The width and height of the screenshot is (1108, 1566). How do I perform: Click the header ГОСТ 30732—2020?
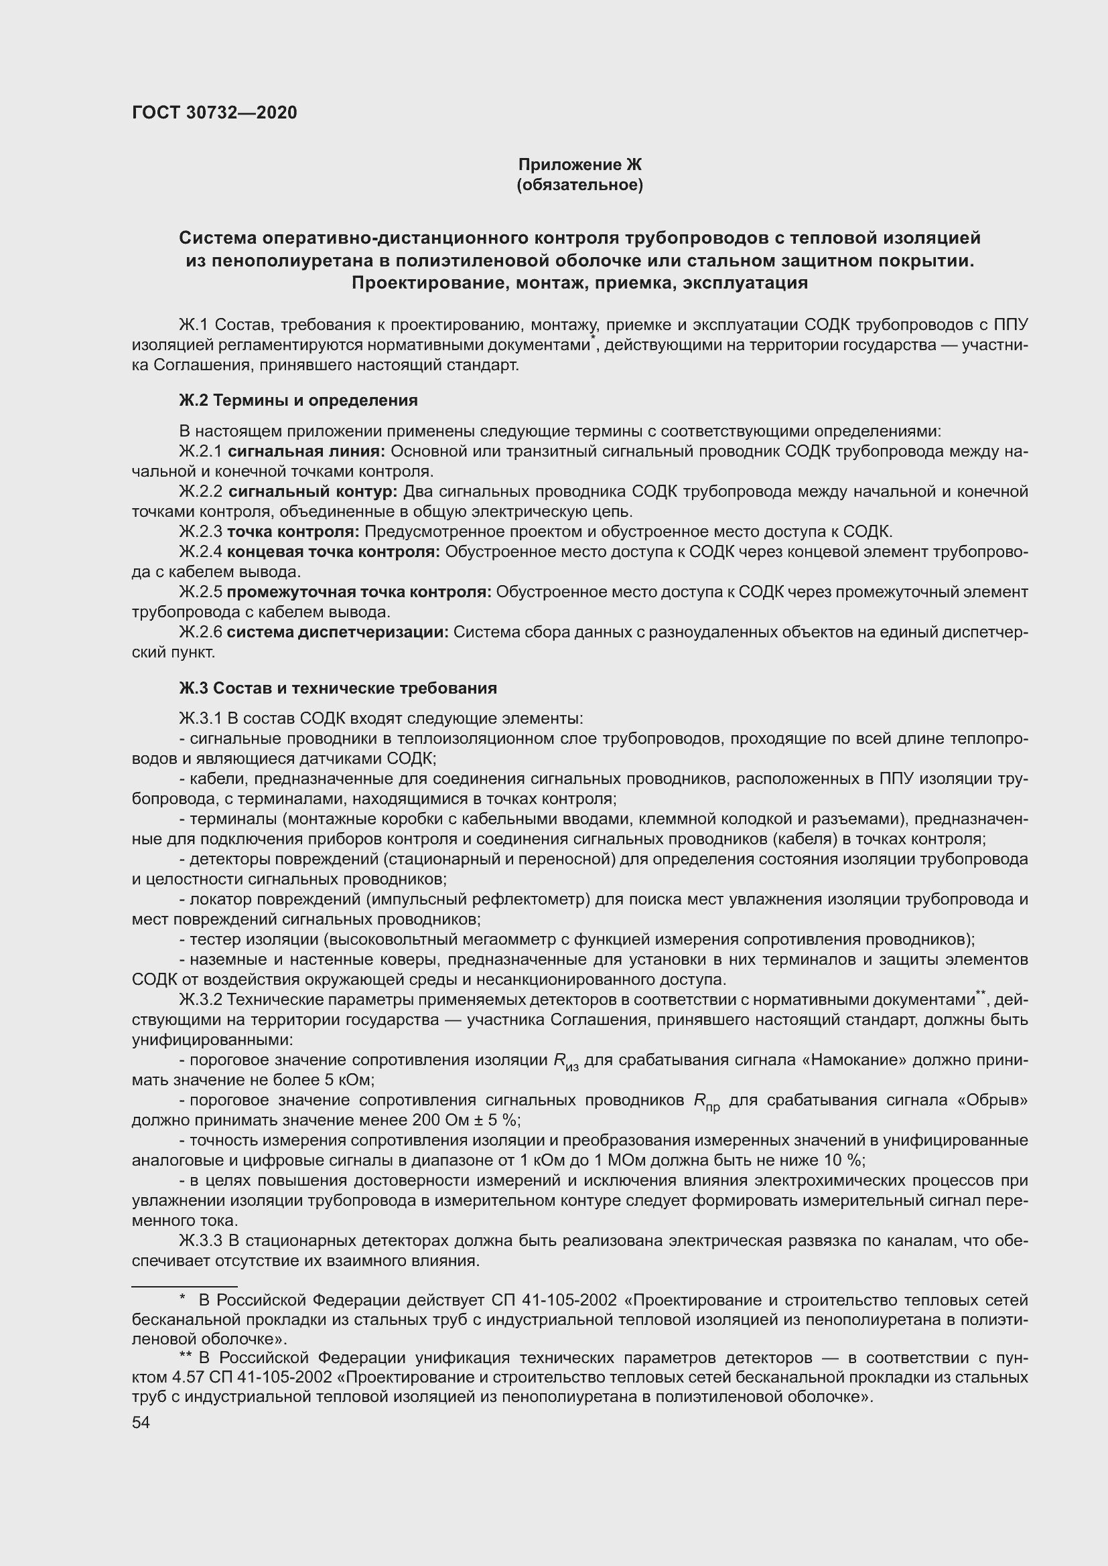point(215,112)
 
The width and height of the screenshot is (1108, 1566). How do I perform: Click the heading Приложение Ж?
point(579,165)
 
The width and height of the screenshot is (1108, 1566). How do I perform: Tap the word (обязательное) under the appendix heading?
point(579,185)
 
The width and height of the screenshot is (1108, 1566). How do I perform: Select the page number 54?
point(141,1422)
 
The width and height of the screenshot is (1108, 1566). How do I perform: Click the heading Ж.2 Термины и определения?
point(298,400)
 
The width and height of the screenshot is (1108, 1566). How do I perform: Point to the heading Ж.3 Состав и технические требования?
point(338,688)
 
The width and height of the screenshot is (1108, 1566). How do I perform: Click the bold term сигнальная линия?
point(306,451)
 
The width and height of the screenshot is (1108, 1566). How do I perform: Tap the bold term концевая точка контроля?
point(334,552)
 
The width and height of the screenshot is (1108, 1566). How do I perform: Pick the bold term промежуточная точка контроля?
point(359,592)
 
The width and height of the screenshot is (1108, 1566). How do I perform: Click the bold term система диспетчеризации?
point(338,632)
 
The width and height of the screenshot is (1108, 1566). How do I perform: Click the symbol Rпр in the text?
point(706,1101)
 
